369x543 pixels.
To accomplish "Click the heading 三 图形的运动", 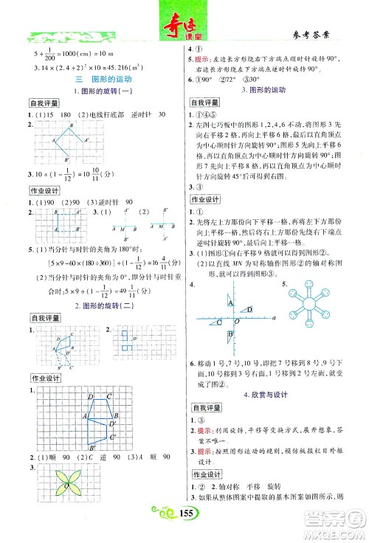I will tap(93, 77).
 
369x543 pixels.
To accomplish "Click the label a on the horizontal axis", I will tap(273, 297).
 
